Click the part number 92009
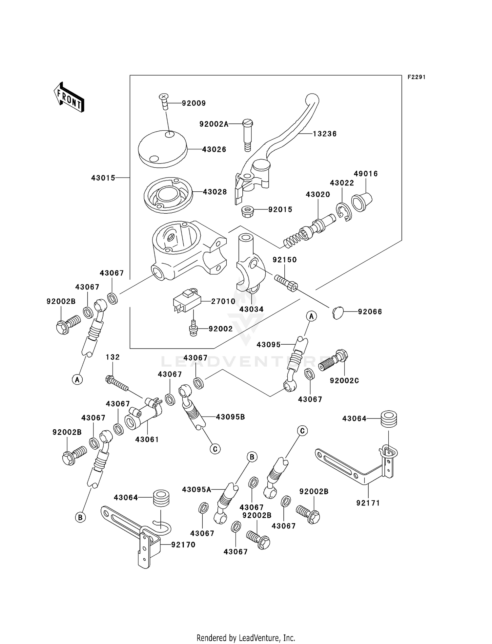pyautogui.click(x=194, y=103)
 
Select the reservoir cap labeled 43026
pyautogui.click(x=162, y=149)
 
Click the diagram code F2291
pyautogui.click(x=416, y=77)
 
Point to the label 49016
pyautogui.click(x=366, y=174)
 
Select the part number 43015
pyautogui.click(x=103, y=178)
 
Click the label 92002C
pyautogui.click(x=344, y=380)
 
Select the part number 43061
pyautogui.click(x=147, y=440)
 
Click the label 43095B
pyautogui.click(x=230, y=417)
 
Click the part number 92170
pyautogui.click(x=183, y=545)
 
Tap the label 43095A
pyautogui.click(x=196, y=489)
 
